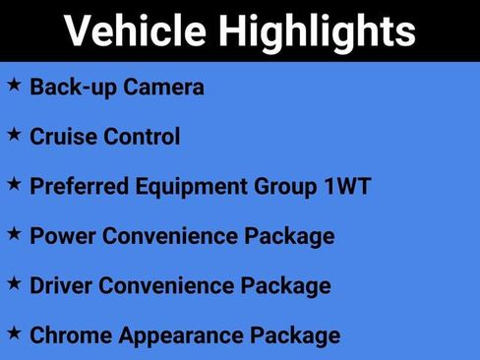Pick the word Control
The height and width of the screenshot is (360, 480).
click(x=140, y=137)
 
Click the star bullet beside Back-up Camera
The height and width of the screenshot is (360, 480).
click(x=15, y=85)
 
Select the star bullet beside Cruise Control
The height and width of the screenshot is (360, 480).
click(x=15, y=134)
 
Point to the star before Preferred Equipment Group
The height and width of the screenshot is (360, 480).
click(x=15, y=183)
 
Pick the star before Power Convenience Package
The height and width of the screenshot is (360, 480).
click(x=15, y=233)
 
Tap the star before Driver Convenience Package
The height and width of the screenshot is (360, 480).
click(x=15, y=283)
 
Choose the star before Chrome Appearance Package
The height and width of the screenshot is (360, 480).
click(x=15, y=332)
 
